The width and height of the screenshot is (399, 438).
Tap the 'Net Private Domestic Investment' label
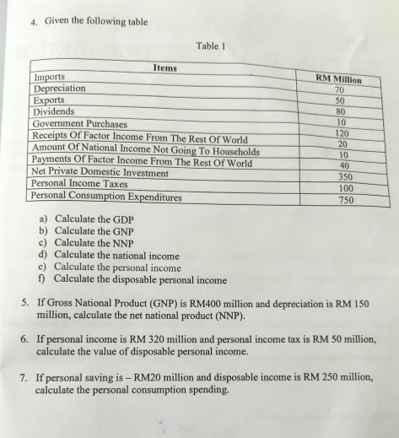(100, 171)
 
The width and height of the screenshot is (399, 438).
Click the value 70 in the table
(340, 89)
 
